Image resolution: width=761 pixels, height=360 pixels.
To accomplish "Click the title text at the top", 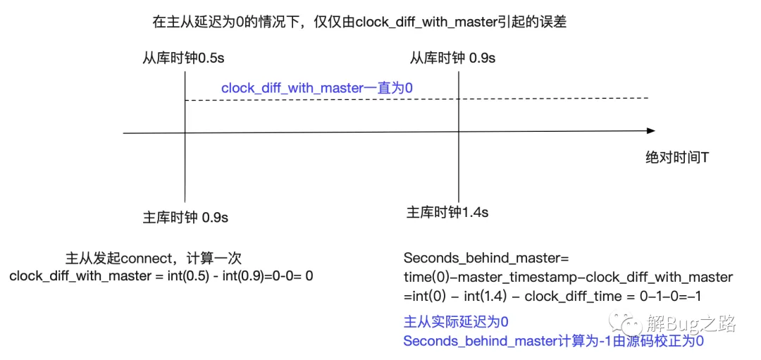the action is click(x=359, y=23).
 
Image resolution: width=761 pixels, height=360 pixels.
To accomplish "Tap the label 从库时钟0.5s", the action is click(x=183, y=58).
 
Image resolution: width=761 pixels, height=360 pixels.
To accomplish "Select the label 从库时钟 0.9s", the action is click(x=452, y=58).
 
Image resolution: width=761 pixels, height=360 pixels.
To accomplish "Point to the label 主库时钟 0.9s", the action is click(x=185, y=218).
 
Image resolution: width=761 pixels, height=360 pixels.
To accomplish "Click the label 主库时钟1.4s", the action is click(x=447, y=213).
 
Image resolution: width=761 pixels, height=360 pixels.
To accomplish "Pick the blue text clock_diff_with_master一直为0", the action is click(x=317, y=88).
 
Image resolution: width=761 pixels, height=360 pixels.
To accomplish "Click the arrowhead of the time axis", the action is click(x=650, y=132).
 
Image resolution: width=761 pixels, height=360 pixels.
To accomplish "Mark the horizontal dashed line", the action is click(x=416, y=99).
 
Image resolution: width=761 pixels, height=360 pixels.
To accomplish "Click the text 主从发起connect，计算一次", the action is click(x=154, y=257).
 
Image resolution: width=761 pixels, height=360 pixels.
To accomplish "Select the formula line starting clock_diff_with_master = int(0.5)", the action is click(x=161, y=276).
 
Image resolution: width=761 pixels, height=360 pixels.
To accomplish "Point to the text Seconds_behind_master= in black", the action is click(x=482, y=257).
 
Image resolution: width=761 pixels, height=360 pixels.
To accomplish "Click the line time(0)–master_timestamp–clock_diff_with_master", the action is click(x=568, y=277).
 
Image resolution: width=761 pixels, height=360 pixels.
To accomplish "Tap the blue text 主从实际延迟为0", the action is click(x=456, y=321).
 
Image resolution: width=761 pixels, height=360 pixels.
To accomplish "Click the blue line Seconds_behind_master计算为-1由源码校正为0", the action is click(x=553, y=340).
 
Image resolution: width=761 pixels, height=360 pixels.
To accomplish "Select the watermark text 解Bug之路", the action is click(x=692, y=322).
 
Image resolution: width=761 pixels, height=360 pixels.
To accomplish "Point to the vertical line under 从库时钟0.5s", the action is click(x=185, y=137).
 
